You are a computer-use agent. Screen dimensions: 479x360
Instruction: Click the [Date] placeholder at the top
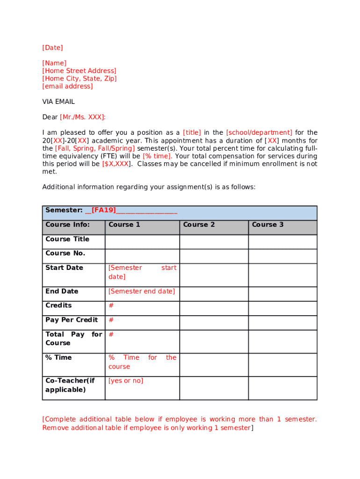click(x=52, y=48)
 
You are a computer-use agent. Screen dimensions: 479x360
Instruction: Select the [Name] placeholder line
click(x=54, y=63)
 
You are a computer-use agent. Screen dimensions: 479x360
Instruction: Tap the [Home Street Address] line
click(x=79, y=71)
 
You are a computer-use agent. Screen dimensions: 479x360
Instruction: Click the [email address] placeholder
click(x=67, y=87)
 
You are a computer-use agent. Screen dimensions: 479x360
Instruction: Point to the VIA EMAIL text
click(x=58, y=102)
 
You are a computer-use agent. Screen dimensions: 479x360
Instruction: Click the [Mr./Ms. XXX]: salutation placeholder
click(x=83, y=117)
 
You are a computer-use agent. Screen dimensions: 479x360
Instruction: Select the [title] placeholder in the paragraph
click(x=192, y=133)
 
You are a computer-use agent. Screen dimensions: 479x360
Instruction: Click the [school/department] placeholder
click(x=259, y=133)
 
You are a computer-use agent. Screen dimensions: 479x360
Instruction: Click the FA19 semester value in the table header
click(x=104, y=210)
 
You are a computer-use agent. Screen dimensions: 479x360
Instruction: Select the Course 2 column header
click(x=199, y=225)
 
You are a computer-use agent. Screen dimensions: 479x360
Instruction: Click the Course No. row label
click(x=65, y=254)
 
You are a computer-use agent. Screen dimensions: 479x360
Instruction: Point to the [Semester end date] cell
click(x=142, y=291)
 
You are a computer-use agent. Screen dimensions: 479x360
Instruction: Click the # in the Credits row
click(x=111, y=305)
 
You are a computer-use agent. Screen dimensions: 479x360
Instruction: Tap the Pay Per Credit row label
click(x=72, y=320)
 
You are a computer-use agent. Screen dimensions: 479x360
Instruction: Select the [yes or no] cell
click(x=126, y=381)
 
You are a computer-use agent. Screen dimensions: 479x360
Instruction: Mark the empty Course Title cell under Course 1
click(x=142, y=242)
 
